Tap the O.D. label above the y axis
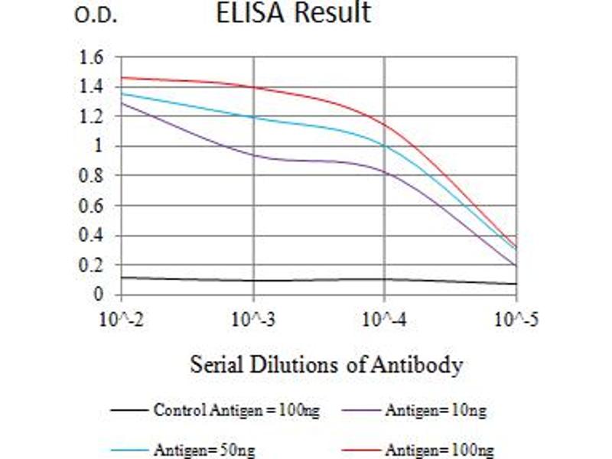pyautogui.click(x=96, y=16)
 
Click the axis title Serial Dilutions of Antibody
pyautogui.click(x=326, y=365)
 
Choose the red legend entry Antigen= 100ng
pyautogui.click(x=438, y=449)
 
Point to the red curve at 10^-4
pyautogui.click(x=384, y=125)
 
